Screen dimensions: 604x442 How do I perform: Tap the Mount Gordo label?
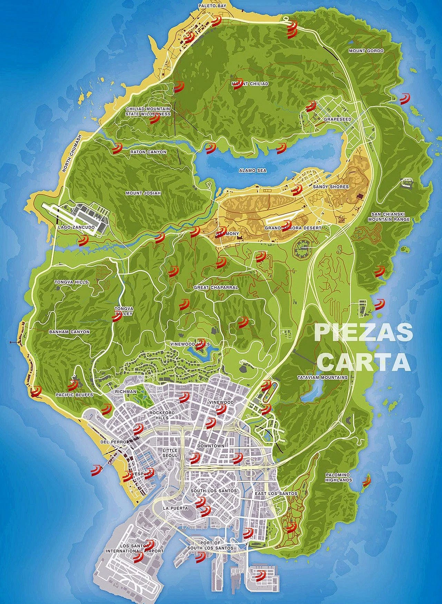click(366, 51)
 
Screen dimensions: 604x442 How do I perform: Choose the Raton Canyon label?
click(148, 152)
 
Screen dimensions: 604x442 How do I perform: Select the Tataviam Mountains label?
click(322, 378)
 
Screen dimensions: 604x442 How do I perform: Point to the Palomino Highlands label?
click(339, 477)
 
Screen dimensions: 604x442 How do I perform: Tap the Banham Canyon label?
click(69, 332)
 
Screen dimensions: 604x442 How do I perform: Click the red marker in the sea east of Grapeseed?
click(404, 99)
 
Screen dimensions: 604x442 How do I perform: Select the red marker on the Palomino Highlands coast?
click(366, 481)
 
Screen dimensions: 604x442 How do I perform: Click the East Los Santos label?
click(276, 493)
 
